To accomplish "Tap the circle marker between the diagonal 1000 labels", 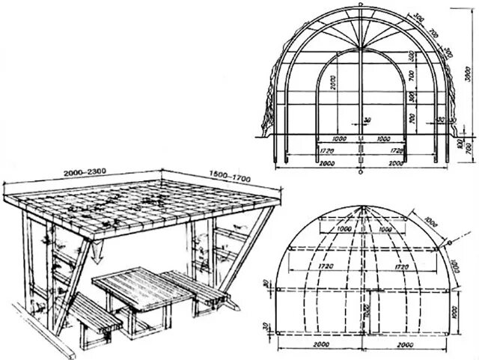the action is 451,242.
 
